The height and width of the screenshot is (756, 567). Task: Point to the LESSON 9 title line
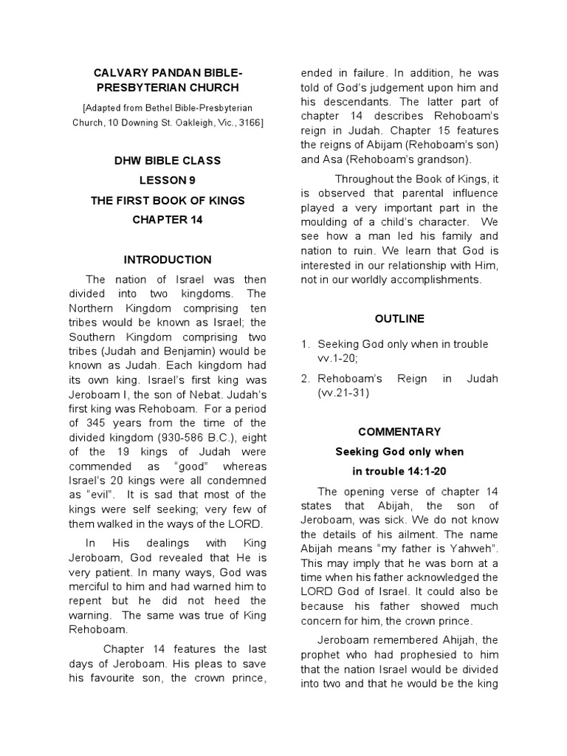(x=168, y=180)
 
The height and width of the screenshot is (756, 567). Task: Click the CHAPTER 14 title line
(x=168, y=220)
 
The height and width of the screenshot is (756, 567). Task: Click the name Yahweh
(x=472, y=549)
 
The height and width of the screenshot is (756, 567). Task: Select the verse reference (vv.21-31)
(x=343, y=394)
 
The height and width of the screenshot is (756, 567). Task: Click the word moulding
(x=326, y=222)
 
